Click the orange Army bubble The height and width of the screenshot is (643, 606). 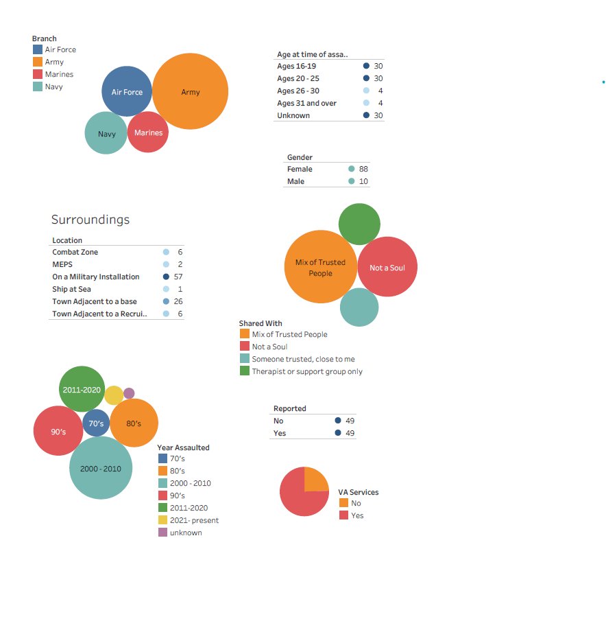190,92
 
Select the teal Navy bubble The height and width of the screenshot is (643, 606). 106,133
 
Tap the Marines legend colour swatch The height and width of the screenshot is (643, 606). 38,74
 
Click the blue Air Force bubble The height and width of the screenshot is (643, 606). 127,91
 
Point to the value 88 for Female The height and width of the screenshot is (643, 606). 363,169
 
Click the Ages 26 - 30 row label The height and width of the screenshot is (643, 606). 298,91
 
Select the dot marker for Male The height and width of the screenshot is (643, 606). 352,181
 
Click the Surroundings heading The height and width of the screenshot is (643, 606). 90,220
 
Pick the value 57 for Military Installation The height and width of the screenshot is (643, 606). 178,277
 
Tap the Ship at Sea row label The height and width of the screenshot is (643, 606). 71,289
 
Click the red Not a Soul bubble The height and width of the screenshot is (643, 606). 387,267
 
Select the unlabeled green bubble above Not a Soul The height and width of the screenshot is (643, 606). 359,224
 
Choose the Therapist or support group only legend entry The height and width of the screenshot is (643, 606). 306,371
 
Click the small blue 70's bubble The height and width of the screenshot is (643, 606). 96,423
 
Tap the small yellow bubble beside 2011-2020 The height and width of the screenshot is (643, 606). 114,395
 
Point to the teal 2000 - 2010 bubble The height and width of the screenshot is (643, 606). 101,468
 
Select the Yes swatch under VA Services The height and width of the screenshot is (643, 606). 343,515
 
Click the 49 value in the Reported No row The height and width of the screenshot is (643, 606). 350,421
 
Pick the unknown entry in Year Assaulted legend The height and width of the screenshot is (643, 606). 185,533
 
